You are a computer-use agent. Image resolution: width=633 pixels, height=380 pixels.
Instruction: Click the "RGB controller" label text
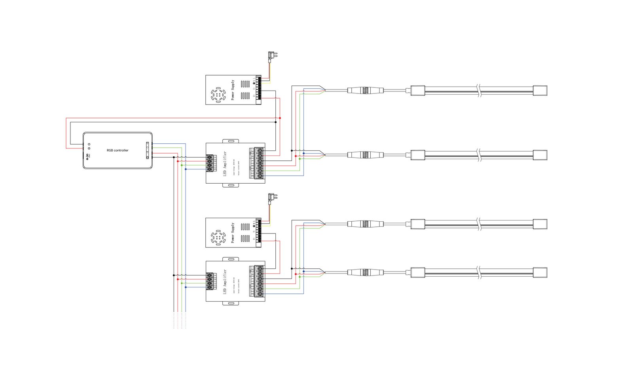(x=118, y=150)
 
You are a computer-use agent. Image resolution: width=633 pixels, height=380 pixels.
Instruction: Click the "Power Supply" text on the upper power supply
(x=233, y=90)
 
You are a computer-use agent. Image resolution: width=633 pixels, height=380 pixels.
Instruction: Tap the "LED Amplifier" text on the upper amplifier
(x=225, y=163)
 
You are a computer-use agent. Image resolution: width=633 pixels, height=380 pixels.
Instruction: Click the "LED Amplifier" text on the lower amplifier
(x=225, y=281)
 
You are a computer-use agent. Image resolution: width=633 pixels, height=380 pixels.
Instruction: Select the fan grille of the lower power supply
(x=218, y=237)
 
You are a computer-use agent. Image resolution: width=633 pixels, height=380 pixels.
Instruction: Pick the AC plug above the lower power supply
(x=272, y=197)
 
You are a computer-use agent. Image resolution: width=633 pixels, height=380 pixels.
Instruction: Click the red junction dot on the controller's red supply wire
(x=280, y=118)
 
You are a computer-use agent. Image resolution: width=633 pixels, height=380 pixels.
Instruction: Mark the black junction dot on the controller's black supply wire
(x=276, y=122)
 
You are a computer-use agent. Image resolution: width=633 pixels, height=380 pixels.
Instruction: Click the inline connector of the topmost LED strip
(x=366, y=90)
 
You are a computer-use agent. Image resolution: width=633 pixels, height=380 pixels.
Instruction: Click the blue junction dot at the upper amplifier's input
(x=186, y=169)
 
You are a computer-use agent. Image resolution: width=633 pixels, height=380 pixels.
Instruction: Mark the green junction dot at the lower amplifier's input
(x=182, y=283)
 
